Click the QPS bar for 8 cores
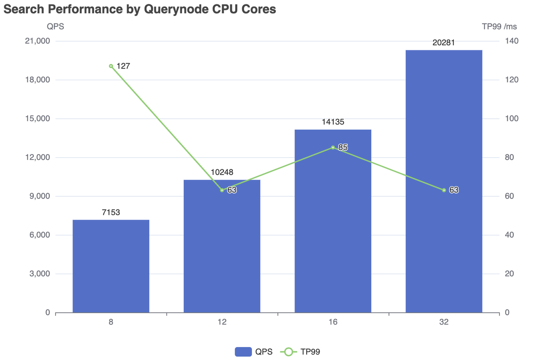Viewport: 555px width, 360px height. coord(111,266)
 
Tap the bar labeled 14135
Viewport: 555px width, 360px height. coord(333,221)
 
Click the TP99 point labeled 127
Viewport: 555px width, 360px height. coord(111,66)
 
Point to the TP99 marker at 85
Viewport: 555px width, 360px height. coord(333,148)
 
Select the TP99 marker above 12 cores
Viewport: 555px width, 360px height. coord(222,190)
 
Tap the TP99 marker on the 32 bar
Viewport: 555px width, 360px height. coord(444,190)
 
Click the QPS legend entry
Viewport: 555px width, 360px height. coord(254,352)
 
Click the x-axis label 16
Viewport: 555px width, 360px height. coord(333,322)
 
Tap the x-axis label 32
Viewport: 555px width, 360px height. coord(444,322)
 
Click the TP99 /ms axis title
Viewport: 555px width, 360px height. coord(499,26)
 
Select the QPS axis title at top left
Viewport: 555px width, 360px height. coord(55,26)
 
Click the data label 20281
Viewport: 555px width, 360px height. coord(444,42)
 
